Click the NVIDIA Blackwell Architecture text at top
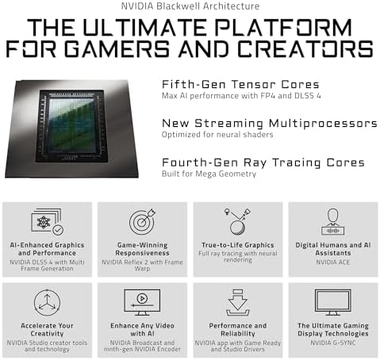point(190,6)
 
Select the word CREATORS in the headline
point(308,48)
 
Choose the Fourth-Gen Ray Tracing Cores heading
point(263,163)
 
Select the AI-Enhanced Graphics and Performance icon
point(48,222)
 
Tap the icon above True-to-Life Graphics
point(237,220)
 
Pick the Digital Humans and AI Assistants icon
point(332,222)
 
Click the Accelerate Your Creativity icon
point(48,301)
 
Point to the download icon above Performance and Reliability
point(237,301)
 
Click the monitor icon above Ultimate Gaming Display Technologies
point(332,301)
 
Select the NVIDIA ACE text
point(332,261)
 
